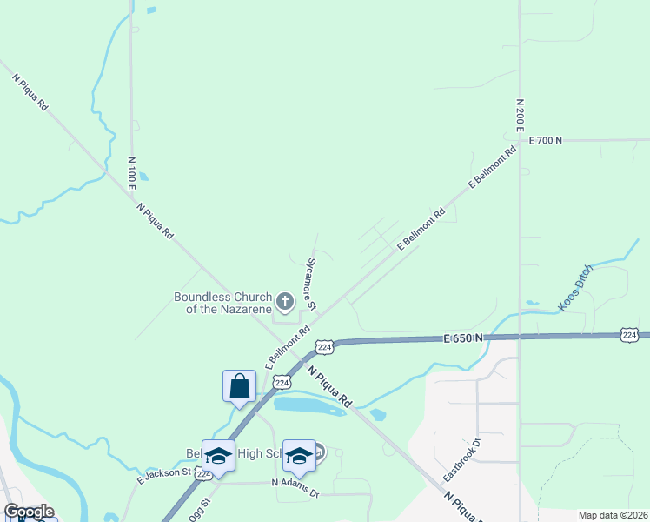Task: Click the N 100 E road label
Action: click(x=132, y=174)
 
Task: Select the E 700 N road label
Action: click(x=546, y=140)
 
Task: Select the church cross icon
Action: click(x=284, y=302)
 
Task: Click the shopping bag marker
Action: click(x=239, y=386)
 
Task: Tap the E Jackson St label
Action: click(x=164, y=475)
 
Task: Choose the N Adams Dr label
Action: click(x=295, y=488)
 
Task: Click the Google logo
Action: click(x=29, y=512)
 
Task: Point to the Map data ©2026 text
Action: click(x=613, y=515)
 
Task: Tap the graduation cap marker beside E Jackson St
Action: click(x=218, y=456)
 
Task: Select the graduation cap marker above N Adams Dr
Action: click(x=299, y=456)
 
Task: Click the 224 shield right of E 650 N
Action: click(x=630, y=335)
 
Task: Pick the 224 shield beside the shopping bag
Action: click(x=282, y=382)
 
